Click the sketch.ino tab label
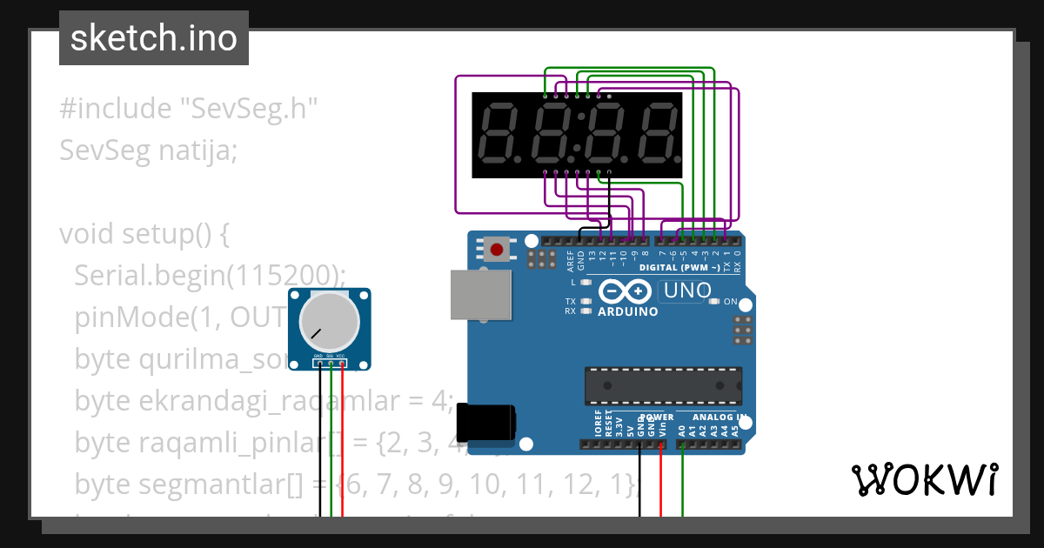point(153,38)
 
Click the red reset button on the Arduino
point(497,251)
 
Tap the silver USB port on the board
point(479,294)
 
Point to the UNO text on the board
point(686,291)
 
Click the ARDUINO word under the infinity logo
point(628,311)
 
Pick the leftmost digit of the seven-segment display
point(497,135)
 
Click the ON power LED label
point(731,302)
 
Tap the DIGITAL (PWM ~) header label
point(679,268)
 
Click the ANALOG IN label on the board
point(713,418)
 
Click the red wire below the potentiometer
point(342,444)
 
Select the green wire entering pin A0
point(682,478)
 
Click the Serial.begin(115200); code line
point(210,276)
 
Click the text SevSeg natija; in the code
point(148,150)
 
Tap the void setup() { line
point(144,234)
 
